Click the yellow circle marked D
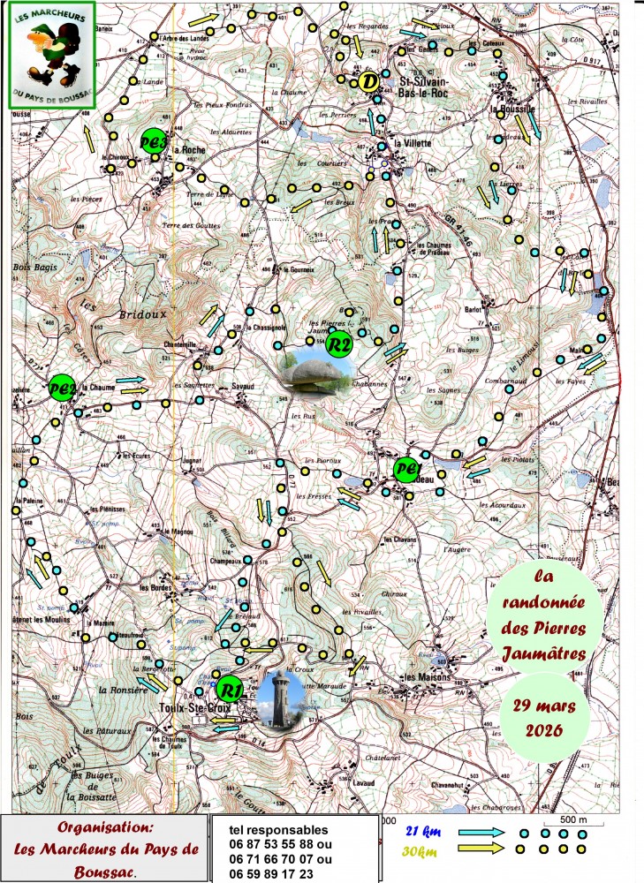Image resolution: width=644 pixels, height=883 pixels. coord(368,81)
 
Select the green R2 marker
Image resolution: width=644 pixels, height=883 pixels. coord(339,344)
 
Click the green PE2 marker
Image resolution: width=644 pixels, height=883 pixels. coord(61,389)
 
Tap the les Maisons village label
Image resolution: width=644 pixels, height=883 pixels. coord(423,677)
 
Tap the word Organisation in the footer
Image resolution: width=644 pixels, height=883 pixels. coord(105,828)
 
